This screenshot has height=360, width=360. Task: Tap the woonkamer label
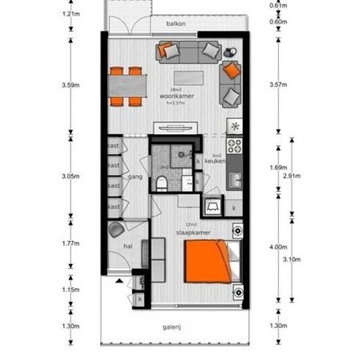176,96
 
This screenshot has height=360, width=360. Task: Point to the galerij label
172,327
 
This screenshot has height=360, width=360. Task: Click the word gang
135,177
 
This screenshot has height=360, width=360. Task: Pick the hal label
128,247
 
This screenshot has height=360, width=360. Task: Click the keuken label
215,160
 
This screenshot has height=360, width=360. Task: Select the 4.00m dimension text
278,247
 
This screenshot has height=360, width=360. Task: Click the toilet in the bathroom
161,181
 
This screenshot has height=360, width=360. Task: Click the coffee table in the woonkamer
189,77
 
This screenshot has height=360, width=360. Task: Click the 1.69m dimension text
278,168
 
